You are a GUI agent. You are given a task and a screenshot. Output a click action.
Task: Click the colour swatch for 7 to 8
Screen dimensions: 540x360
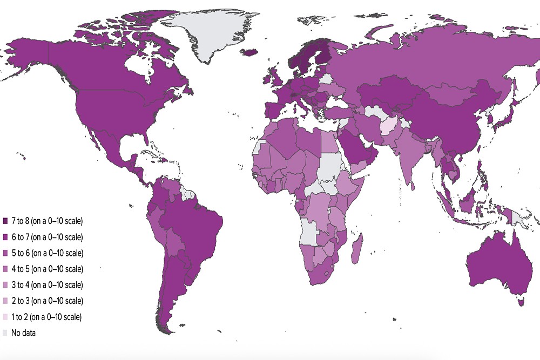point(5,221)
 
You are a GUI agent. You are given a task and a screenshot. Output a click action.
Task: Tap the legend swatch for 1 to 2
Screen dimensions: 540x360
point(5,317)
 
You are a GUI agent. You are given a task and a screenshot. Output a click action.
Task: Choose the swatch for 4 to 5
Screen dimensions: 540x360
point(5,269)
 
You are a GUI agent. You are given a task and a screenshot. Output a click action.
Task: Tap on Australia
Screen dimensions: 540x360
point(491,264)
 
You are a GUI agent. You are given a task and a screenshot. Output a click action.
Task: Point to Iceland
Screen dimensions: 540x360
point(249,52)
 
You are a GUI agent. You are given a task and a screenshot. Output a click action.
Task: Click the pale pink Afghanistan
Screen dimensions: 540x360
point(388,126)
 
